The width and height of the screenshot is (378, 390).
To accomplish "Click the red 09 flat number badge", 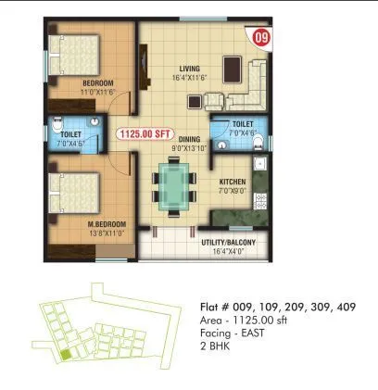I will pyautogui.click(x=262, y=38).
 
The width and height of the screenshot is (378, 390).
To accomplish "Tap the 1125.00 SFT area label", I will pyautogui.click(x=143, y=133).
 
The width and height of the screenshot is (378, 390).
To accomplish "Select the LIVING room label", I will pyautogui.click(x=192, y=69).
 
